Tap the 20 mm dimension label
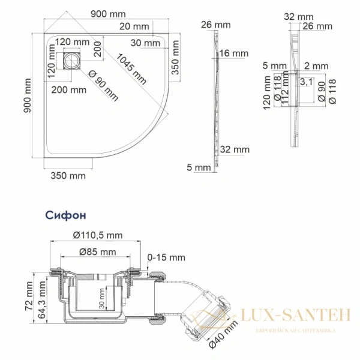pos(134,26)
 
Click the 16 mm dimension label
pos(233,53)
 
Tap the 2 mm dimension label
pos(316,65)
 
